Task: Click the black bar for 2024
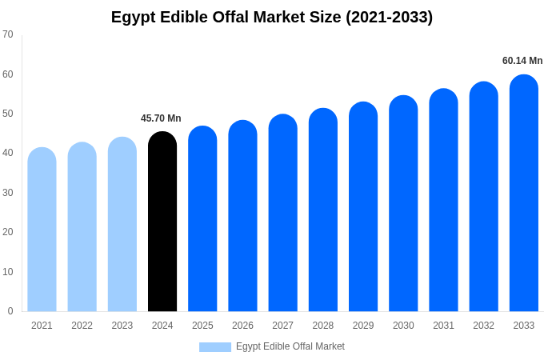point(162,222)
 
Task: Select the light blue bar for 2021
point(42,230)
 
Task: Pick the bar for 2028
point(323,210)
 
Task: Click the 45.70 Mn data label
point(161,118)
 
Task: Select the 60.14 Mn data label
point(522,61)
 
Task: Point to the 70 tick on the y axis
point(8,34)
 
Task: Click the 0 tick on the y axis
point(10,311)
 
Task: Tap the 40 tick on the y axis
point(8,153)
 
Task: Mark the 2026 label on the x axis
point(242,326)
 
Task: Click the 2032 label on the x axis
point(483,326)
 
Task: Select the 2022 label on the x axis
point(82,326)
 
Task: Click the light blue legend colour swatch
point(214,347)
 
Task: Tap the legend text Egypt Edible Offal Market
point(290,346)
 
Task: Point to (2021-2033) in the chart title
point(389,17)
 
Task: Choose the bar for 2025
point(202,218)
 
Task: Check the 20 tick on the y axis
point(8,232)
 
